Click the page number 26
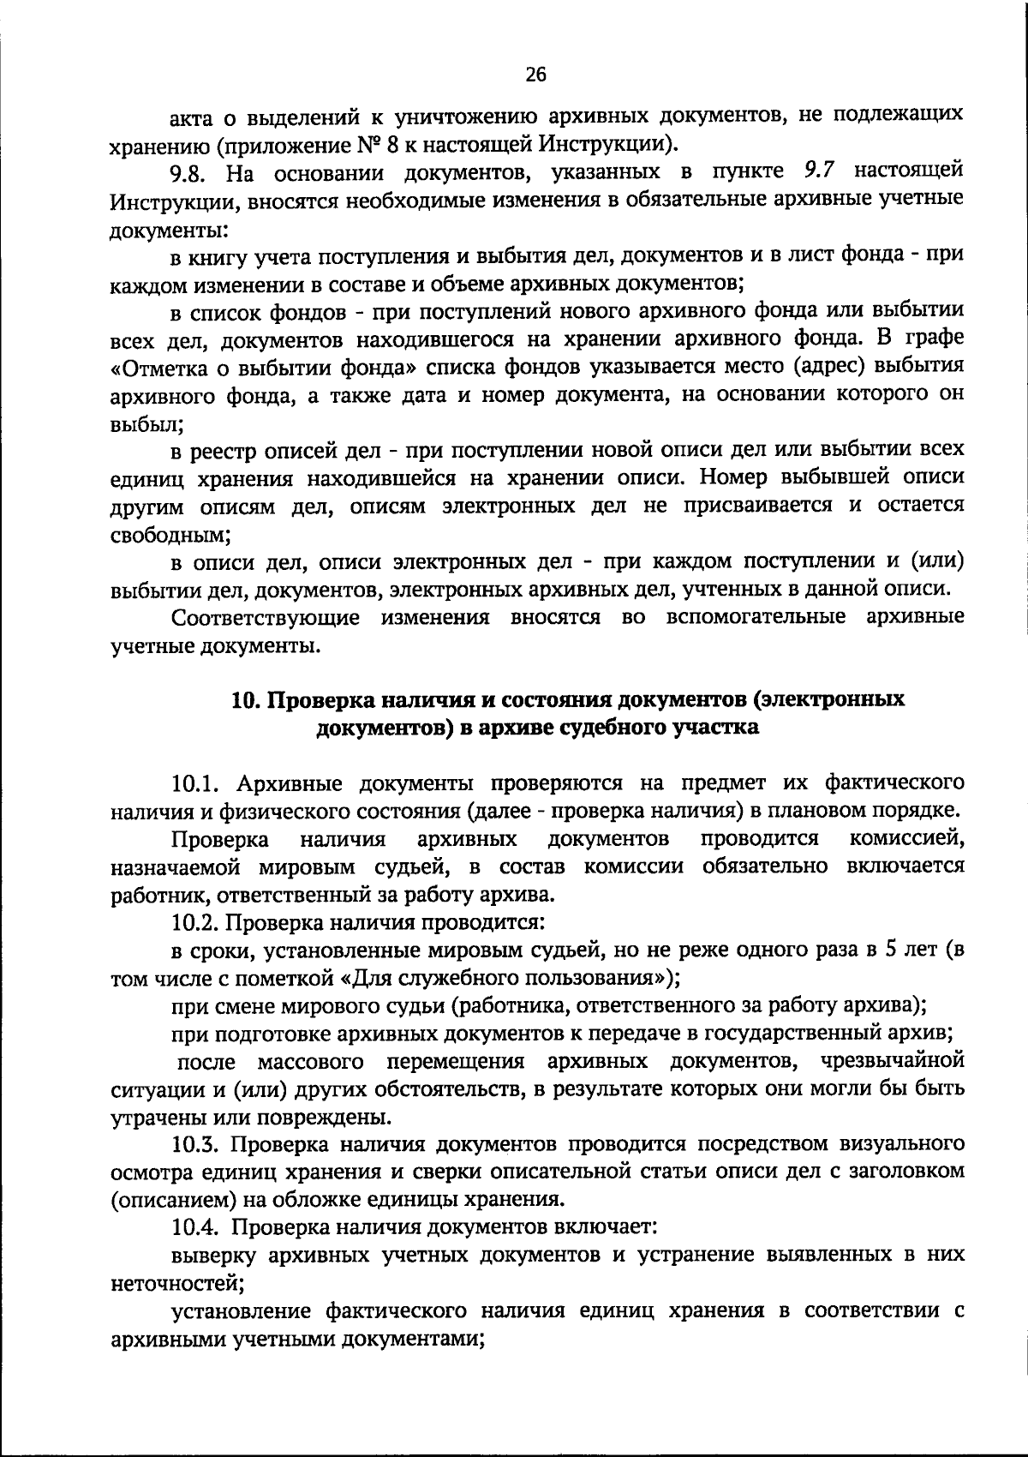tap(535, 75)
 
